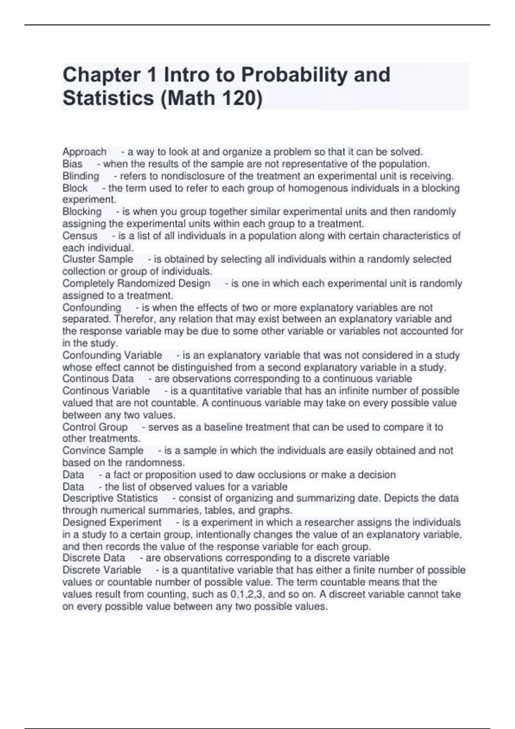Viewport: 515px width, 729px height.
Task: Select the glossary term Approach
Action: click(x=85, y=152)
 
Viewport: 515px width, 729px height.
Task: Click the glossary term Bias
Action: click(x=72, y=164)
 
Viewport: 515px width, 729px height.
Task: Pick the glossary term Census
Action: click(x=80, y=236)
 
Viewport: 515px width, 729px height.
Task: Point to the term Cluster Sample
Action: click(x=98, y=259)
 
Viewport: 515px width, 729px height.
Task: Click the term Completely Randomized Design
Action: click(x=136, y=283)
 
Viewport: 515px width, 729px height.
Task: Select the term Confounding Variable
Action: click(x=112, y=355)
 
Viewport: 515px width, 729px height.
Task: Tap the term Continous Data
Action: click(x=98, y=379)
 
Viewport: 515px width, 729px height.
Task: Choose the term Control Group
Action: click(x=95, y=427)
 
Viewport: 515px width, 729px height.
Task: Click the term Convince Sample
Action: click(x=103, y=451)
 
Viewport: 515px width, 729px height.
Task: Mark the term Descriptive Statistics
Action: click(x=110, y=498)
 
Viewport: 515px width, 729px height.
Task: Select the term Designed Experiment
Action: click(x=112, y=522)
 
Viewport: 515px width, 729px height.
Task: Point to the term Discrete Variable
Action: click(x=102, y=570)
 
